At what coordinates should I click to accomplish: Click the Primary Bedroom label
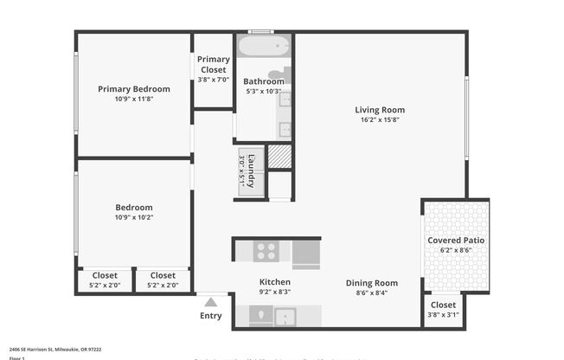point(133,89)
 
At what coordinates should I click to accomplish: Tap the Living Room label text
point(380,110)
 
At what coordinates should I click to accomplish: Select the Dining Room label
point(372,283)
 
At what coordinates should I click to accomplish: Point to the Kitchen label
point(275,282)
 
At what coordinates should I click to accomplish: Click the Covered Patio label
point(456,240)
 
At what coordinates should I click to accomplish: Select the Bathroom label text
point(264,81)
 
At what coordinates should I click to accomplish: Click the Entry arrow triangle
point(210,302)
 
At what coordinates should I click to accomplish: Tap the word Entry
point(210,316)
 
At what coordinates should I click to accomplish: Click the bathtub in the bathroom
point(263,45)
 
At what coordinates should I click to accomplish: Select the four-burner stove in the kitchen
point(266,251)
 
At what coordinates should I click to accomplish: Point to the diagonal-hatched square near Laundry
point(279,157)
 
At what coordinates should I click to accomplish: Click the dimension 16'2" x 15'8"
point(380,120)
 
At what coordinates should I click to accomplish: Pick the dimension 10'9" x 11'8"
point(133,100)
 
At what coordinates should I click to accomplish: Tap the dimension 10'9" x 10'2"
point(133,218)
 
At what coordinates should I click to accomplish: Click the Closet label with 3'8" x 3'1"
point(443,305)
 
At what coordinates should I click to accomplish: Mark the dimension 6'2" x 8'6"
point(456,250)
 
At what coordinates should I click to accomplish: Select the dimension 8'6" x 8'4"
point(372,292)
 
